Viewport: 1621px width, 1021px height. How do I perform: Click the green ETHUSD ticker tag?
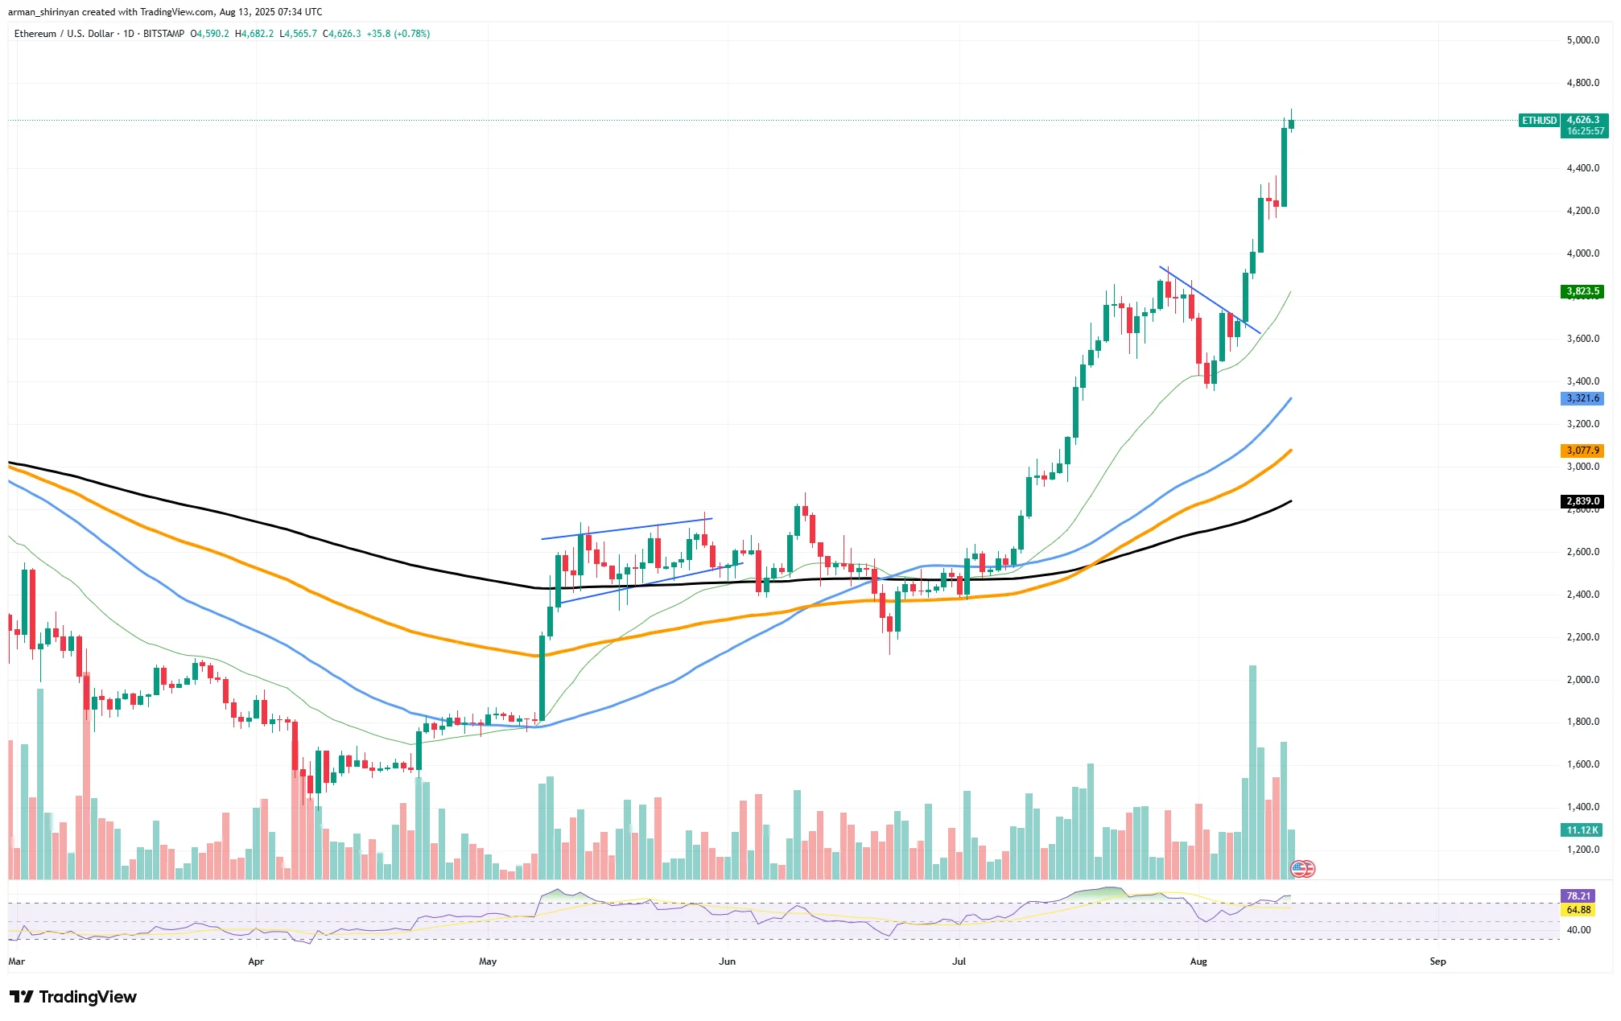(1539, 121)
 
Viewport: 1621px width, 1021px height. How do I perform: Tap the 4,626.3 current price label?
(1583, 120)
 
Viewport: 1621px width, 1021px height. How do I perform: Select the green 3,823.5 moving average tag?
(1582, 291)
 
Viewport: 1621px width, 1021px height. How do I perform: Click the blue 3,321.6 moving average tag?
(1582, 398)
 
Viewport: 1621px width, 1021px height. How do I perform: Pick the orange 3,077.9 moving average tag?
(1582, 451)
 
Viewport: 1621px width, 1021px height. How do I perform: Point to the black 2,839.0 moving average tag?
(1582, 501)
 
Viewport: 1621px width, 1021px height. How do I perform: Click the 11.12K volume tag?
(1582, 830)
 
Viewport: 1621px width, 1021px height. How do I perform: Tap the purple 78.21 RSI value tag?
(1578, 896)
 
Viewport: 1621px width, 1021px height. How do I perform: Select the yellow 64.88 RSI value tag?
(1578, 910)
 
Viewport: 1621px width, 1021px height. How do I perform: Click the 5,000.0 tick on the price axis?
(1582, 40)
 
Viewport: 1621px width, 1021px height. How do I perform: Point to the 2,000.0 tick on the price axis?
(1582, 680)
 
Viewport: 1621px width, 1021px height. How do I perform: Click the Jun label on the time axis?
(727, 961)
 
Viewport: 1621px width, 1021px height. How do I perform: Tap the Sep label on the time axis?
(1437, 961)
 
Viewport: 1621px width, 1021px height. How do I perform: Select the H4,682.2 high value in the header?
(254, 34)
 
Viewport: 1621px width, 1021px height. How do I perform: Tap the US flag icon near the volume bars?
(1301, 869)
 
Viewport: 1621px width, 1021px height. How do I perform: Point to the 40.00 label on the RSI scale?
(1579, 930)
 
